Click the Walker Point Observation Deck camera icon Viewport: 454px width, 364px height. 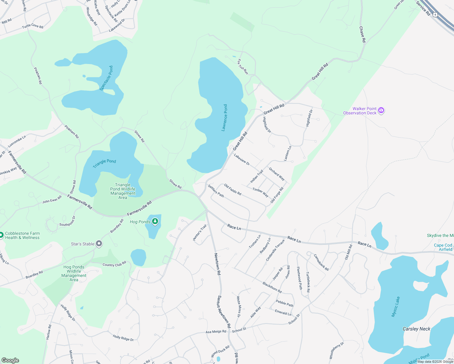(x=381, y=110)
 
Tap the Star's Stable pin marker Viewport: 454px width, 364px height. (x=99, y=244)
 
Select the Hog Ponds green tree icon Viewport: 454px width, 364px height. (x=155, y=221)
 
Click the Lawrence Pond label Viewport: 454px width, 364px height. (x=224, y=118)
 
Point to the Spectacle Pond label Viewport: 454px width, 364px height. (x=106, y=78)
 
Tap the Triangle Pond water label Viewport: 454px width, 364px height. (x=104, y=163)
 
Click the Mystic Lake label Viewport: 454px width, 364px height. (x=396, y=307)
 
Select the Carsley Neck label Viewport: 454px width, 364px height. (x=416, y=329)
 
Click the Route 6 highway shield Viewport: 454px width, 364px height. (x=435, y=14)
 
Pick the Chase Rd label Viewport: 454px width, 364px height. (x=362, y=34)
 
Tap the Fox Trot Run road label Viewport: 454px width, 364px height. (x=243, y=67)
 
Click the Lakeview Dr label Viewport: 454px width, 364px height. (x=242, y=160)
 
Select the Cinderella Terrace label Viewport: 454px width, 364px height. (x=275, y=250)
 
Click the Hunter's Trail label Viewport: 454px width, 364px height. (x=200, y=233)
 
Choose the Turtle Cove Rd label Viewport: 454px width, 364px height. (x=32, y=26)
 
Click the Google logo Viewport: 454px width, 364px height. (x=10, y=360)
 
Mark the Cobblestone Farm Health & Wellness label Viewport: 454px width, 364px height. (x=22, y=236)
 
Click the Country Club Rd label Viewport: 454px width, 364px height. (x=114, y=264)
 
